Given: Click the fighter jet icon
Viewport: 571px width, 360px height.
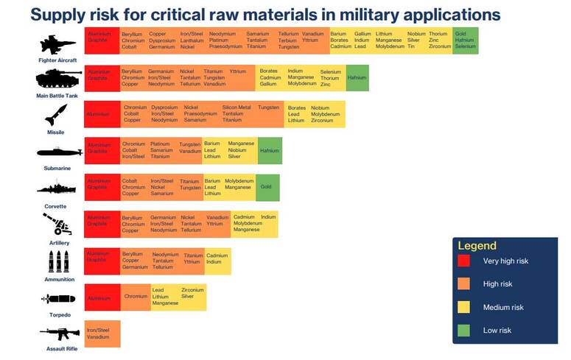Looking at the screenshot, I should tap(58, 43).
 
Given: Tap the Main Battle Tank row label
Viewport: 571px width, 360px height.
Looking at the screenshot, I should tap(58, 96).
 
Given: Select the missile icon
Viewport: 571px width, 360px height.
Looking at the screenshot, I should tap(56, 114).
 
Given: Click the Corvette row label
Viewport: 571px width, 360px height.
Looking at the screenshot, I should tap(56, 206).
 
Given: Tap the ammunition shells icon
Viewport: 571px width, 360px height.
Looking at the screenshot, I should tap(58, 261).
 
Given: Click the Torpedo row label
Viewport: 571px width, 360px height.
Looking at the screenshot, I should tap(57, 314).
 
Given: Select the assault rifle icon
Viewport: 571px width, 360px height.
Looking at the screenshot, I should tap(59, 333).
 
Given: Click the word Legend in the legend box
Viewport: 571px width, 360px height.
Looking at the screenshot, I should tap(477, 246).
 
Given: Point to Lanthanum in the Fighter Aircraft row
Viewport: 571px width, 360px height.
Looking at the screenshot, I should tap(192, 40).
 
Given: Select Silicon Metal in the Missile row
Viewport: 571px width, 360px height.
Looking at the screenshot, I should tap(236, 107).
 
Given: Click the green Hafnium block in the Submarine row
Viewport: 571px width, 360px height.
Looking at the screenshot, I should tap(270, 150).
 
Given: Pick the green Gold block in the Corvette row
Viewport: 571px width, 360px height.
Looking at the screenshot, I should tap(267, 187).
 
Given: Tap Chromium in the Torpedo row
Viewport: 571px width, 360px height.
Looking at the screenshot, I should tap(136, 297).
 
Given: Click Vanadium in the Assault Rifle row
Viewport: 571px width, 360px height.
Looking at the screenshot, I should tap(98, 337).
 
